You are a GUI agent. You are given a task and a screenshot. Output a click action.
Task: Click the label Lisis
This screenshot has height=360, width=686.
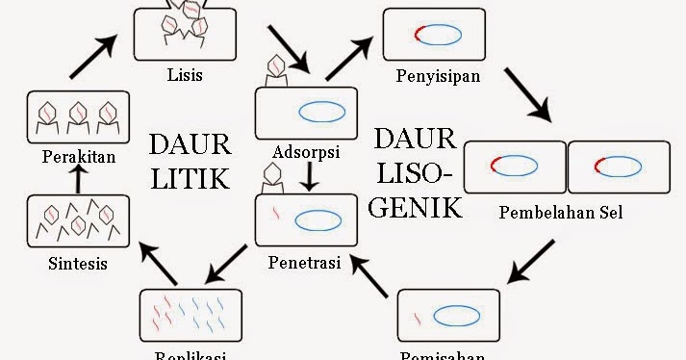click(183, 74)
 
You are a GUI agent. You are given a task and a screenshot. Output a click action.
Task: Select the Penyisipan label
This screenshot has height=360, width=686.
click(437, 75)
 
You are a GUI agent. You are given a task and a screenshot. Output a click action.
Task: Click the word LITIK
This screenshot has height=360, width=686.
click(190, 179)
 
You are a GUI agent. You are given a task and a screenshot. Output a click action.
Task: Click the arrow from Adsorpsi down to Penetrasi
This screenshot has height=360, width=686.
click(308, 175)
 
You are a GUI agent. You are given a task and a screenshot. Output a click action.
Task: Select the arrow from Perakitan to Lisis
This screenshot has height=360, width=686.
click(95, 58)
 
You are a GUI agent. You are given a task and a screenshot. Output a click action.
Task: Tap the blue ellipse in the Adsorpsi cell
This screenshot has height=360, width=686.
click(322, 113)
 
